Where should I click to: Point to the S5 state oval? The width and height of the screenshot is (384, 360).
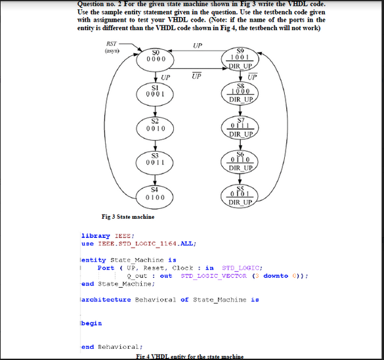click(241, 194)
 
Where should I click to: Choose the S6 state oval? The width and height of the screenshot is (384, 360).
click(241, 160)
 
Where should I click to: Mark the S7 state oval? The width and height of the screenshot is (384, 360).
click(241, 126)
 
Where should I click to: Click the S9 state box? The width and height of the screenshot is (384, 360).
click(241, 58)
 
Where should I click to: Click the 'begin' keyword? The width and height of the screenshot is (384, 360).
click(92, 323)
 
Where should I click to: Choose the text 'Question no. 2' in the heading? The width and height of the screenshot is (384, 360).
click(101, 4)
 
